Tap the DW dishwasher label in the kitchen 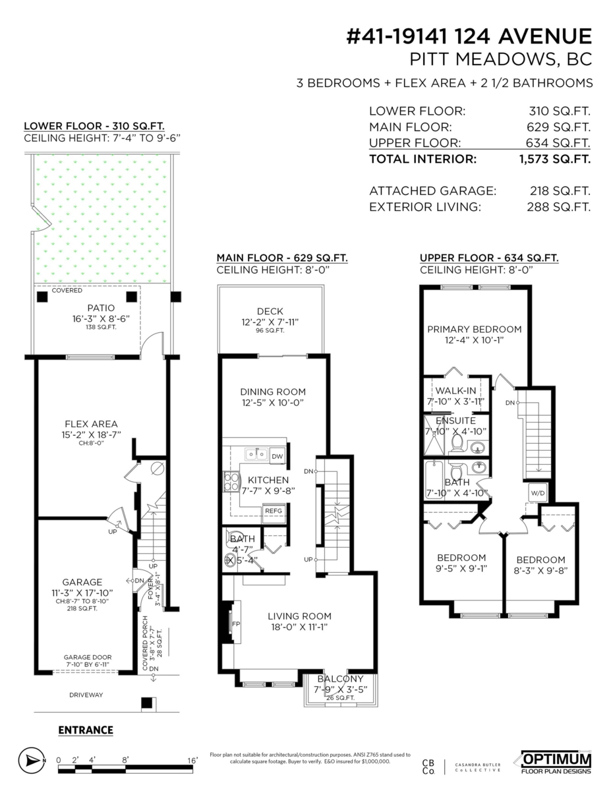(277, 455)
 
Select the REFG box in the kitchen (274, 511)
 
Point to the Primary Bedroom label (474, 329)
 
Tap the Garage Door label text (88, 657)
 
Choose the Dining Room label (273, 392)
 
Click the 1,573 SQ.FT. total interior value (554, 159)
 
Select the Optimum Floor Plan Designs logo (556, 761)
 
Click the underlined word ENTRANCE (86, 730)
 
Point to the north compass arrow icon (31, 761)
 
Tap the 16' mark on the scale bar (192, 760)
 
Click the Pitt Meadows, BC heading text (500, 59)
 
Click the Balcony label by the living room (339, 679)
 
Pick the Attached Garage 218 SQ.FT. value (560, 191)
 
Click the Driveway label (86, 695)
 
